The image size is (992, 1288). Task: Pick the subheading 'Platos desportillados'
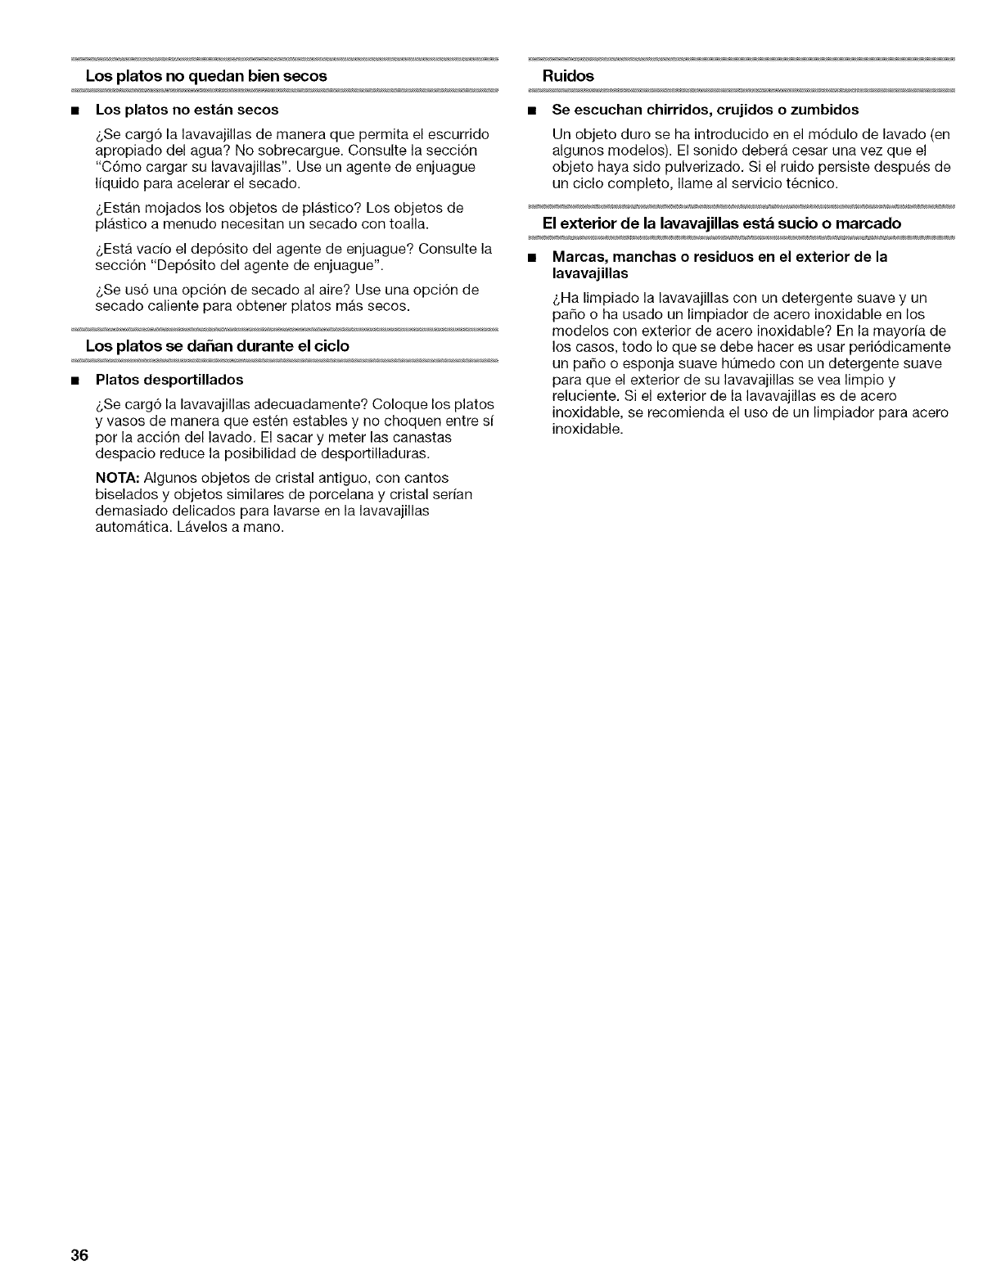pyautogui.click(x=169, y=380)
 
